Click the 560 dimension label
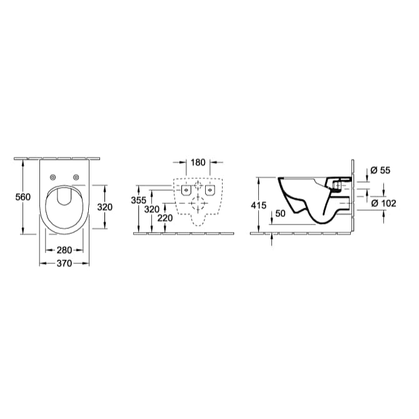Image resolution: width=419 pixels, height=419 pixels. (x=23, y=197)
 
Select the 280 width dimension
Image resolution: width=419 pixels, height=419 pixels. (x=64, y=251)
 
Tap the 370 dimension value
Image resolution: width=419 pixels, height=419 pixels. (x=64, y=263)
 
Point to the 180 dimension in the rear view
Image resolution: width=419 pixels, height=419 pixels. (x=198, y=163)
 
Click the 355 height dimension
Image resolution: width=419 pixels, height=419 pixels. (x=139, y=200)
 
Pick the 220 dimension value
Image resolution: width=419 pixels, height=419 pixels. (x=165, y=218)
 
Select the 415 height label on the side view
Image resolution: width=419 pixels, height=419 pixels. (x=258, y=205)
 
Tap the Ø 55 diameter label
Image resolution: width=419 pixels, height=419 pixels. (x=380, y=170)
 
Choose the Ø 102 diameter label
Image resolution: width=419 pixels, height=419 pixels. (x=383, y=203)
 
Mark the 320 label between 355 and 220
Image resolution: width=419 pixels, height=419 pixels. (x=152, y=209)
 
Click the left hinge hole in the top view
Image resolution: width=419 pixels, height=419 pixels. (x=53, y=178)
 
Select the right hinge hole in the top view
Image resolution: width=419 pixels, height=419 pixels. (x=76, y=178)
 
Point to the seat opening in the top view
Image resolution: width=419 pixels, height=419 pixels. (x=64, y=196)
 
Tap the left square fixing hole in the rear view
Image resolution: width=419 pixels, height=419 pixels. (x=186, y=189)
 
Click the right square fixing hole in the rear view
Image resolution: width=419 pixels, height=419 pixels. (x=210, y=189)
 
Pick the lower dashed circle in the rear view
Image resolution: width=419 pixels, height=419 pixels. (x=198, y=203)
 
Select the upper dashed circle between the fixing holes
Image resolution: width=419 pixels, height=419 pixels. (x=198, y=186)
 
